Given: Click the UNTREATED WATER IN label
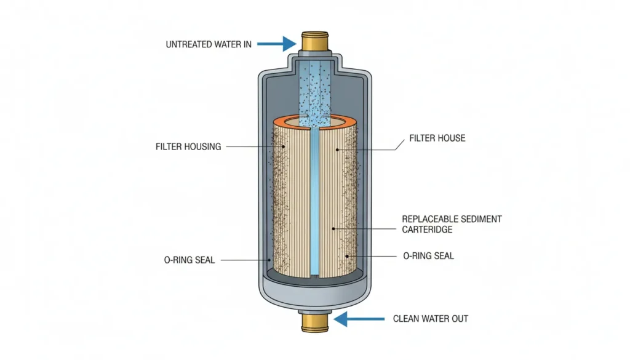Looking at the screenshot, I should (x=209, y=44).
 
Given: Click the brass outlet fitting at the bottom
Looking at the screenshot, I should (x=315, y=323).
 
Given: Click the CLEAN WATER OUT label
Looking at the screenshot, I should (x=431, y=319).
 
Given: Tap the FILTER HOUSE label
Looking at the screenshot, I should (x=437, y=138).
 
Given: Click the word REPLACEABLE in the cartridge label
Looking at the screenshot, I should (x=428, y=218).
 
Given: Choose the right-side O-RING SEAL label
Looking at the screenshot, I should (x=428, y=255).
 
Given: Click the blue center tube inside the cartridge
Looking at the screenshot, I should (x=314, y=203).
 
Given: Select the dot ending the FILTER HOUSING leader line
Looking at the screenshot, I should (x=284, y=147).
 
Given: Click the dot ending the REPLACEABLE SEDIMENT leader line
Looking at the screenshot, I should (x=333, y=229).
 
